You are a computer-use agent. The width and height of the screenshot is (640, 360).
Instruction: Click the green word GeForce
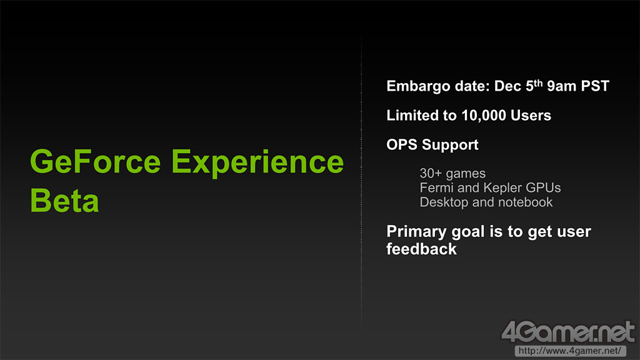click(x=96, y=162)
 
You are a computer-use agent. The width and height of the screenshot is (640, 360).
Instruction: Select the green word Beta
click(x=64, y=201)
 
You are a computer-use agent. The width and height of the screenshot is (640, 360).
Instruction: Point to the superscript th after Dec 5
click(x=538, y=83)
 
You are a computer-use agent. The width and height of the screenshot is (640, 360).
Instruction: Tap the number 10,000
click(x=484, y=116)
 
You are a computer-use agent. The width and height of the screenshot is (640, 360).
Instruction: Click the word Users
click(x=531, y=116)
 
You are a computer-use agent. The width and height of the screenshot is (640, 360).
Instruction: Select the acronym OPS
click(x=402, y=144)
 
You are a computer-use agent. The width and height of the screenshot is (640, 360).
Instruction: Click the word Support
click(x=450, y=145)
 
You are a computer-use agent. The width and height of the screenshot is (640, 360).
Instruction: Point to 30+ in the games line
click(x=431, y=174)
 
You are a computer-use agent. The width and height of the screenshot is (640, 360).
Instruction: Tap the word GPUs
click(x=543, y=187)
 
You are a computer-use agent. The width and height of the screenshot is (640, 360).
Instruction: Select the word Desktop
click(x=444, y=202)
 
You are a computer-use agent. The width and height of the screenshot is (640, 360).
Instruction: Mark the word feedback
click(x=422, y=249)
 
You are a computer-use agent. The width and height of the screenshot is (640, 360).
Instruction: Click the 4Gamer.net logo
click(x=567, y=332)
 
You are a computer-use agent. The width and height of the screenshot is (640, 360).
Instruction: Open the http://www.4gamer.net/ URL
click(x=570, y=351)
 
